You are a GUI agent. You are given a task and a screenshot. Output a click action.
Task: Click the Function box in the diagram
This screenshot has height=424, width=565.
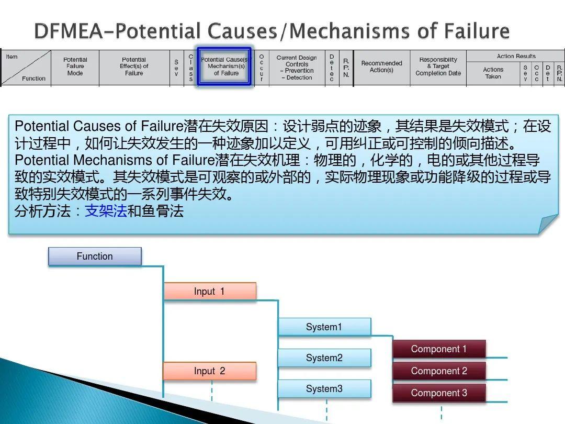click(x=95, y=256)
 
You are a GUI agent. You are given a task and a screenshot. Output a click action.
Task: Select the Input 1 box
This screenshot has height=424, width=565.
click(x=209, y=292)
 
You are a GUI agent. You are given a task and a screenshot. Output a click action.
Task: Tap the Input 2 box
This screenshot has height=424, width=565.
click(x=209, y=371)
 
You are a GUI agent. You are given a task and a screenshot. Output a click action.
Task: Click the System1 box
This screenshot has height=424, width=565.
click(x=324, y=327)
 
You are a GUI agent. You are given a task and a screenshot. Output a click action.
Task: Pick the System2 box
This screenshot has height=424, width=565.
click(x=324, y=358)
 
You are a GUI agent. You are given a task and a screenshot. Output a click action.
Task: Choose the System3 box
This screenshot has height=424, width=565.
click(x=324, y=389)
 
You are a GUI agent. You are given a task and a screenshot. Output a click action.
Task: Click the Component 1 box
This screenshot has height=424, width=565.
click(x=439, y=349)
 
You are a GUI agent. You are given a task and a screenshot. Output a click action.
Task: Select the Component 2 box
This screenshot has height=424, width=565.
click(x=439, y=371)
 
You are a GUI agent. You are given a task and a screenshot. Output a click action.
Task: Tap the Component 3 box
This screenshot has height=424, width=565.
click(x=439, y=393)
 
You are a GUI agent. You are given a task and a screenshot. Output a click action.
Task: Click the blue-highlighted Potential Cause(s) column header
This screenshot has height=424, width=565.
click(x=225, y=67)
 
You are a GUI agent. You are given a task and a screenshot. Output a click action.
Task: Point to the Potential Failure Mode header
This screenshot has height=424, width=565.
click(x=75, y=67)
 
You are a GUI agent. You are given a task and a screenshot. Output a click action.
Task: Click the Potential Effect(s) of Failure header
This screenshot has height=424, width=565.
click(x=134, y=67)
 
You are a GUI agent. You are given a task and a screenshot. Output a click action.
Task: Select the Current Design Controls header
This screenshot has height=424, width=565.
click(x=297, y=68)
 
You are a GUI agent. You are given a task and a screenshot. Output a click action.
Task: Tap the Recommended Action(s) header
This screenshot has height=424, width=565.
click(x=381, y=67)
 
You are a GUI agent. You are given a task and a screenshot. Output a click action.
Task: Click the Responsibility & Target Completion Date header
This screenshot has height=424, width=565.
click(x=438, y=67)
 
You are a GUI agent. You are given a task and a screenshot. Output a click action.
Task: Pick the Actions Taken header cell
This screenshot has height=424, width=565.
click(x=493, y=73)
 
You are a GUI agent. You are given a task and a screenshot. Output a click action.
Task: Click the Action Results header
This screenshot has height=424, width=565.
click(x=516, y=56)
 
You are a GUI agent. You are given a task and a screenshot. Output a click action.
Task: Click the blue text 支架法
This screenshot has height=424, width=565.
click(x=106, y=212)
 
